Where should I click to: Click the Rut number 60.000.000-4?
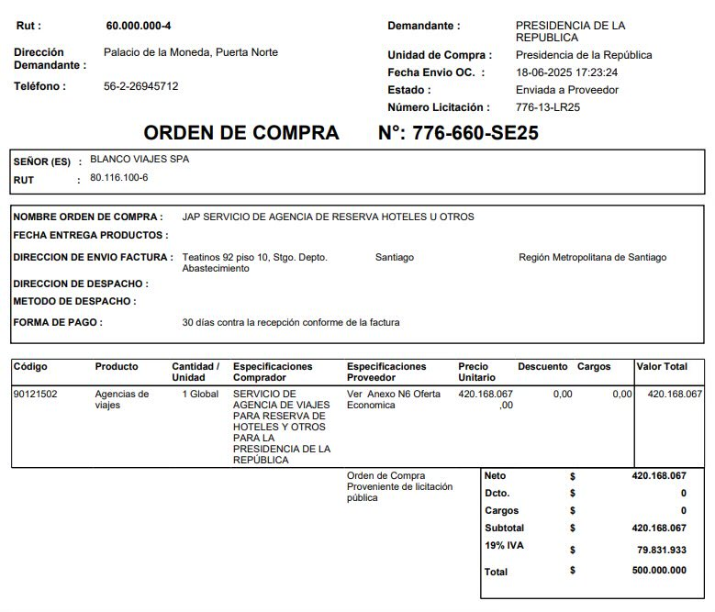point(139,25)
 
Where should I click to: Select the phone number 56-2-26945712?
point(141,86)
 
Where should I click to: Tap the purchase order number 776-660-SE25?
point(458,133)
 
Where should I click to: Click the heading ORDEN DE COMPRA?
point(241,133)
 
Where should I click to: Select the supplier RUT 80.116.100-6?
point(118,177)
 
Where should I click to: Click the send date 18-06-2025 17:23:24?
point(566,72)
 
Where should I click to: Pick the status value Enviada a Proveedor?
point(567,90)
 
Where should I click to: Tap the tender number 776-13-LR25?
point(549,107)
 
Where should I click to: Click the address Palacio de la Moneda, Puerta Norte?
point(191,52)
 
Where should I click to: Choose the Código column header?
point(30,367)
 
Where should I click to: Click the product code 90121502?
point(36,395)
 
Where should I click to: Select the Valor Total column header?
point(662,367)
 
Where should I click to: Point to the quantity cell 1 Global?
point(199,395)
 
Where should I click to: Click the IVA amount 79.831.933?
point(661,551)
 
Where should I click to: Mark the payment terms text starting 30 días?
point(291,323)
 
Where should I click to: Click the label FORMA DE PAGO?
point(58,323)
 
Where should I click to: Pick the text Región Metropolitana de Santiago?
point(592,258)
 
